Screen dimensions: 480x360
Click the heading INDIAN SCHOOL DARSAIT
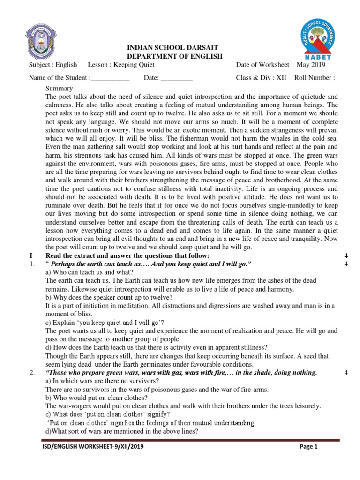(173, 48)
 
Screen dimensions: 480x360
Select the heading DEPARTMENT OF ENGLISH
(173, 56)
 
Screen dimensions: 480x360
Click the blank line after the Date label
(177, 78)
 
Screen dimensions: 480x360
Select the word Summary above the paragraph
(59, 88)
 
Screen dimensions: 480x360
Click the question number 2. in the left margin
(32, 373)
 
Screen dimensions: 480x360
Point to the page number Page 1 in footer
(308, 447)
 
